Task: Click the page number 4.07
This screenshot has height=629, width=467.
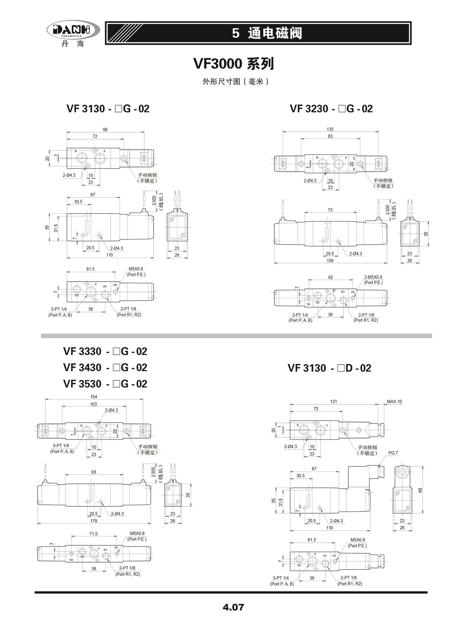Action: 233,607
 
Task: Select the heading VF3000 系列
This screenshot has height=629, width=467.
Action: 233,64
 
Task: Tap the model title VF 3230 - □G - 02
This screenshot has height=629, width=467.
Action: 331,109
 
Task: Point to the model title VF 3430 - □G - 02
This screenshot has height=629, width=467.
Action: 105,368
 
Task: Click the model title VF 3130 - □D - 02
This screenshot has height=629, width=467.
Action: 330,368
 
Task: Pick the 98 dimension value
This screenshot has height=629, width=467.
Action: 105,130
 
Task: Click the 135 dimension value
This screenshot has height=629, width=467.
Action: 330,129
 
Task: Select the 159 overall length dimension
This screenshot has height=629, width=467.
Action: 330,261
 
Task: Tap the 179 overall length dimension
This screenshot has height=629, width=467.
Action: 93,521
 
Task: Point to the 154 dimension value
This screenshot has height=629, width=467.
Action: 93,397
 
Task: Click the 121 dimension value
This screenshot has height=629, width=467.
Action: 333,402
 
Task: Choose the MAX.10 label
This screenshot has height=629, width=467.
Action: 394,402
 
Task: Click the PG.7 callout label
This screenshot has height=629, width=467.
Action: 393,453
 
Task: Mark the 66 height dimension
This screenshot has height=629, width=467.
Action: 420,490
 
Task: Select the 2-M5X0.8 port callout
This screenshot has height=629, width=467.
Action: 373,277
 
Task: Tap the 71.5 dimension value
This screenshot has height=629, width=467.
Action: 93,534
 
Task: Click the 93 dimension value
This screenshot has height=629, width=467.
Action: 94,472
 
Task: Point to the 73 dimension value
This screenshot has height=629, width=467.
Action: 330,210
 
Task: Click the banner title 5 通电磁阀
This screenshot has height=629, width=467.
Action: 267,33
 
